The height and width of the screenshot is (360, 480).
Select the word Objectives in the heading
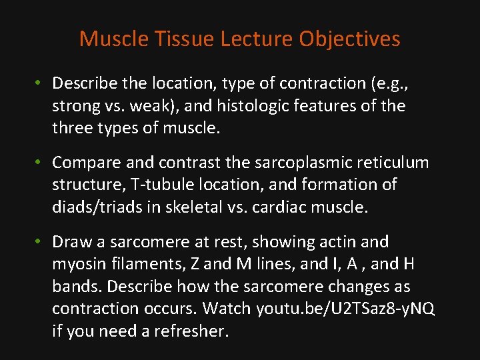click(x=349, y=39)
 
